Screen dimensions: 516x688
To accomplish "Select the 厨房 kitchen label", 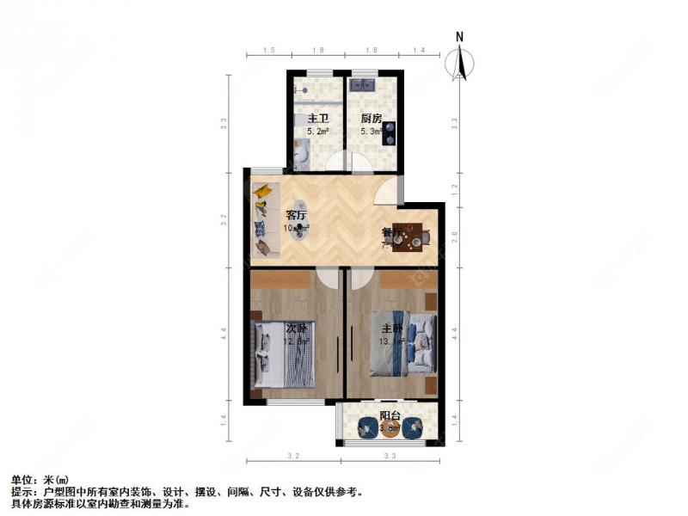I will click(372, 119).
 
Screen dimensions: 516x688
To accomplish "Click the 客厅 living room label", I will click(297, 216).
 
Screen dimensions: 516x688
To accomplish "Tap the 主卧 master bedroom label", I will click(392, 329).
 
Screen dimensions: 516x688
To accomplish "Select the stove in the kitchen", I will click(390, 132).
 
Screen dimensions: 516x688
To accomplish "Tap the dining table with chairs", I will click(410, 237).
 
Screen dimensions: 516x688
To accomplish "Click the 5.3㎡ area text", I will click(371, 132).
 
